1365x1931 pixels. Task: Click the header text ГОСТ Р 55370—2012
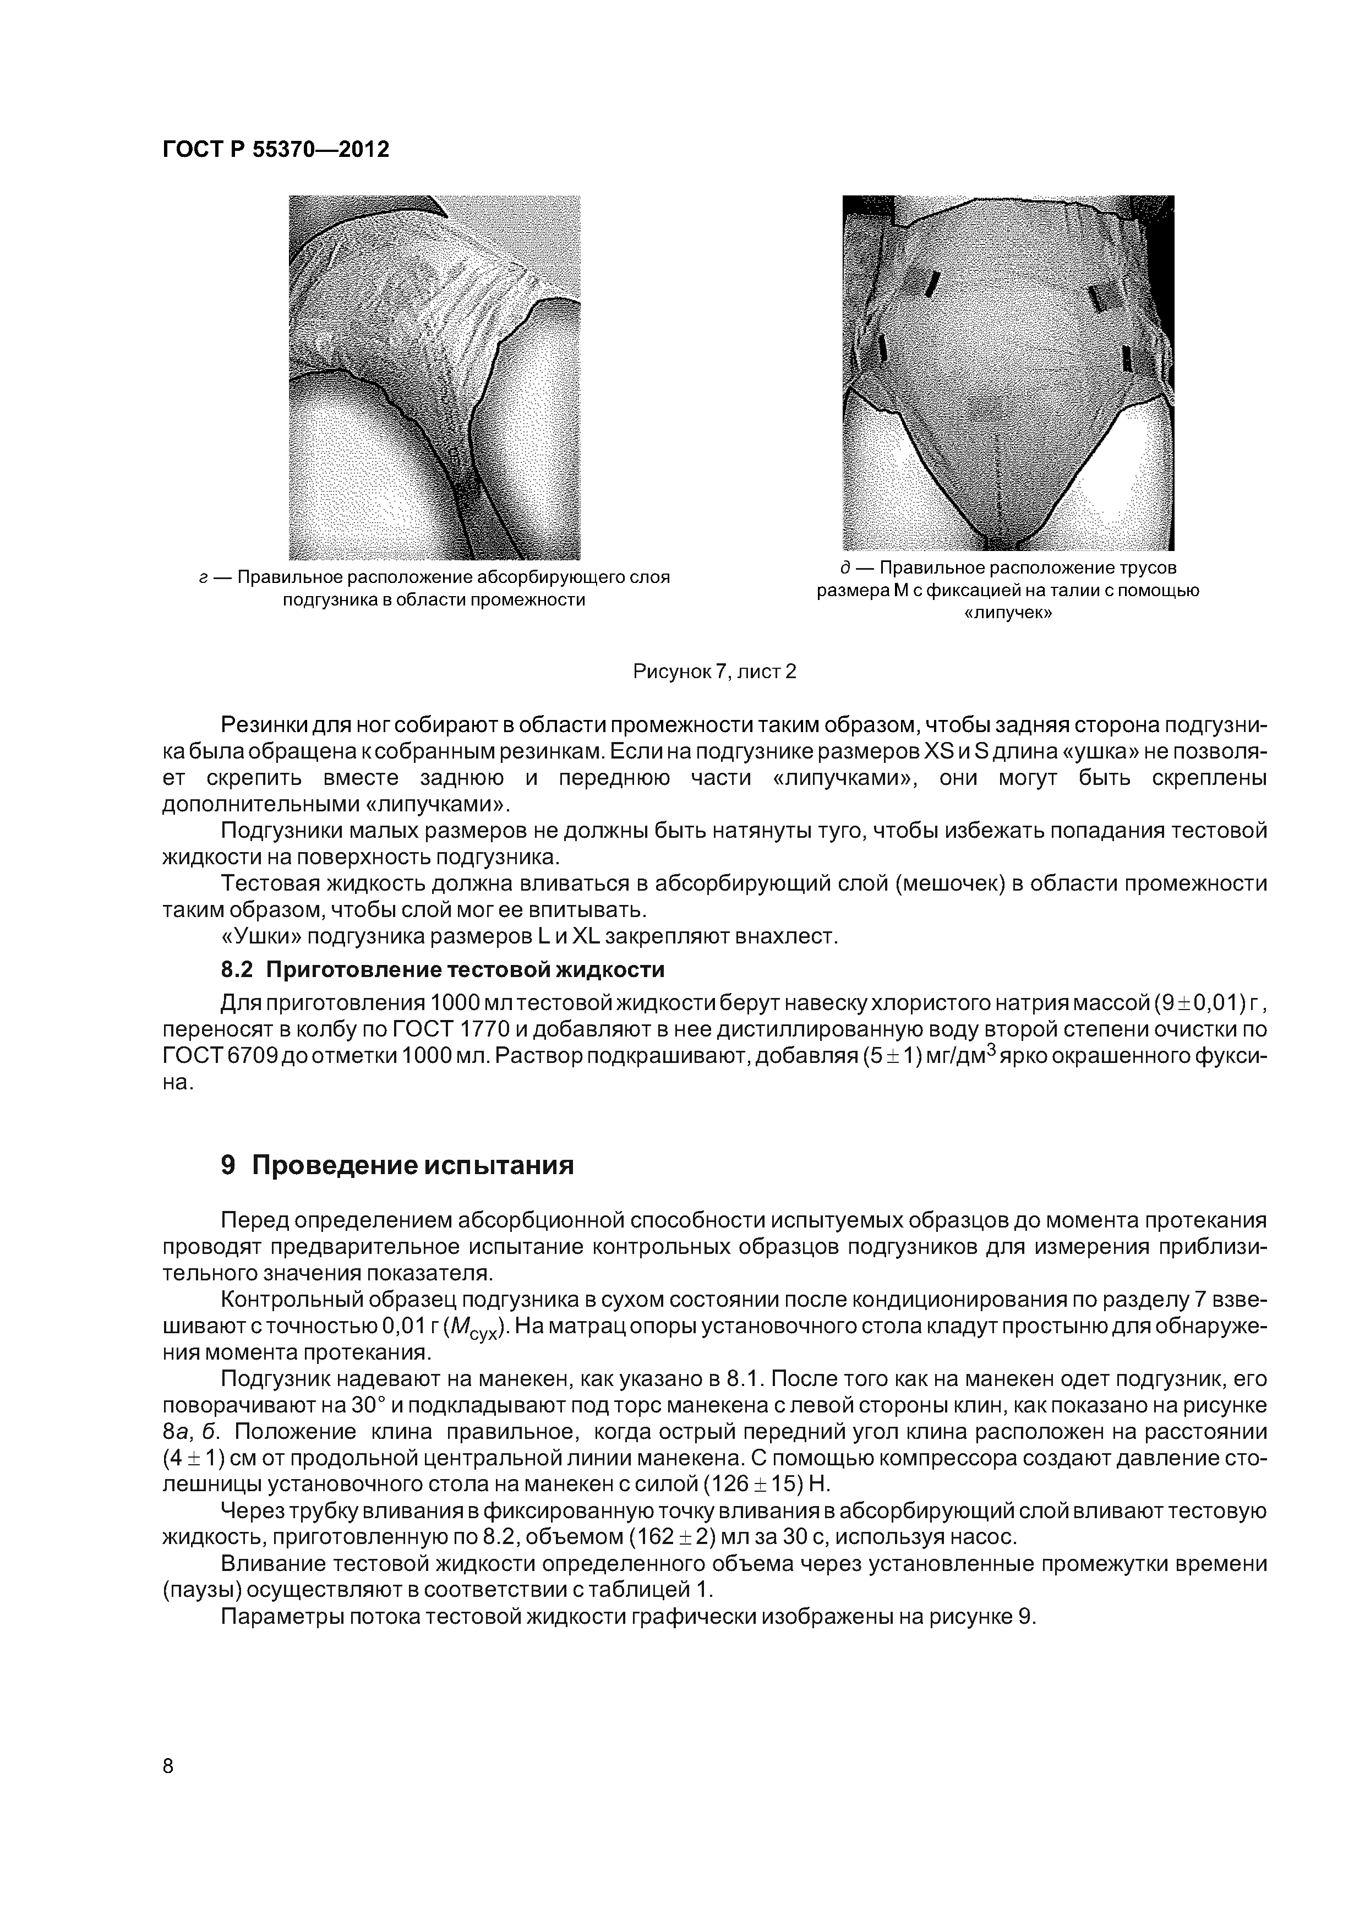pyautogui.click(x=276, y=150)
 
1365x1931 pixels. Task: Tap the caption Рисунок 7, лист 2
pyautogui.click(x=713, y=671)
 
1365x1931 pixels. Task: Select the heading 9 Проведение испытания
pyautogui.click(x=397, y=1165)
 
